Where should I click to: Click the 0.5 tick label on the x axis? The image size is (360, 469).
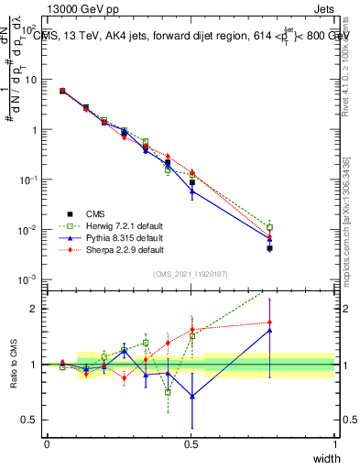click(191, 444)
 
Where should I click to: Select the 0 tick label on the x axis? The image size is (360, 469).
click(47, 444)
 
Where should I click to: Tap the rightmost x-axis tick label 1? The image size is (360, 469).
click(335, 444)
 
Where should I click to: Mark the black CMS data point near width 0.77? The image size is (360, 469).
click(269, 248)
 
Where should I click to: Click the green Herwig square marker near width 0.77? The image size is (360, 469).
click(269, 227)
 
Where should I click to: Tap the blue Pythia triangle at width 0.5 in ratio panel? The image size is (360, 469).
click(191, 396)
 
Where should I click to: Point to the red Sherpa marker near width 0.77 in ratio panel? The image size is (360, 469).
click(269, 322)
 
